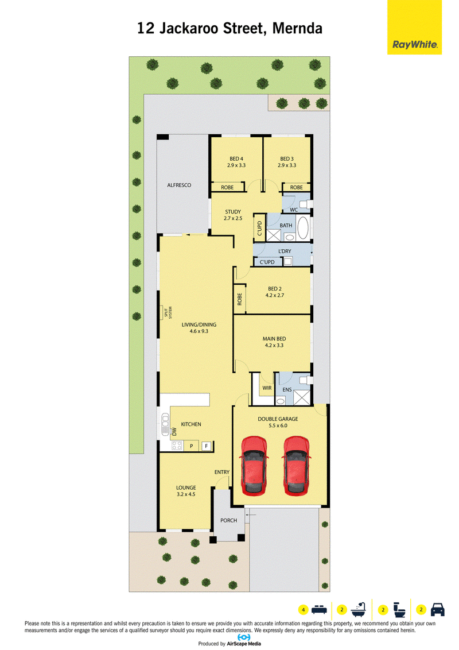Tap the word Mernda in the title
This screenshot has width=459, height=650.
(297, 29)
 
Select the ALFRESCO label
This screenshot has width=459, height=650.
(179, 185)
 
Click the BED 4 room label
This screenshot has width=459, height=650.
(236, 159)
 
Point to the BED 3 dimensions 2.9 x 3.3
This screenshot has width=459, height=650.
(287, 165)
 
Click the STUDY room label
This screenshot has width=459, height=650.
(233, 212)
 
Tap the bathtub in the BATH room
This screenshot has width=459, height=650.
(304, 227)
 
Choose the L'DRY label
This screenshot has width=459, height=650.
(285, 251)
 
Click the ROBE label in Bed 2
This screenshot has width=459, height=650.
(239, 299)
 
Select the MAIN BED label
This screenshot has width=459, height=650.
(274, 339)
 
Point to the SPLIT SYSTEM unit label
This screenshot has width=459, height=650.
(168, 312)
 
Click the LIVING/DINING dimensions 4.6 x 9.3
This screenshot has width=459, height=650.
(199, 331)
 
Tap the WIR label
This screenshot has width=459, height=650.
(267, 388)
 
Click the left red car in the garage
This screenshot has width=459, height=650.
(254, 466)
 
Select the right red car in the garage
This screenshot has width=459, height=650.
(296, 466)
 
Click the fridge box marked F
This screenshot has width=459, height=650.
(207, 446)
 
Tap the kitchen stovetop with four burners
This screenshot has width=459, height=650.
(177, 446)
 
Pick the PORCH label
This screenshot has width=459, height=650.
(229, 521)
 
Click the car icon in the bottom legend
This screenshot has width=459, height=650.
(437, 609)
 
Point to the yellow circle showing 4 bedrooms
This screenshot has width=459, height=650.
(304, 610)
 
